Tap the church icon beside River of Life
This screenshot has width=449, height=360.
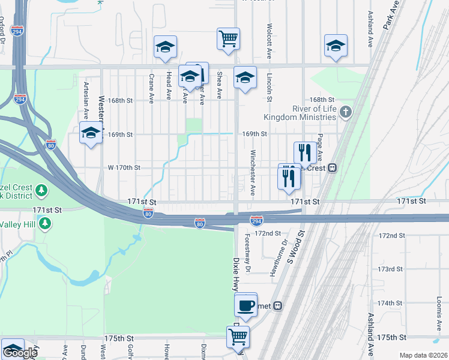pos(345,112)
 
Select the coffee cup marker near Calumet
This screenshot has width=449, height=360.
pos(246,305)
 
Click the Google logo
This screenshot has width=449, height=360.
pos(20,353)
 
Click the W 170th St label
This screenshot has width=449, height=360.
pos(124,168)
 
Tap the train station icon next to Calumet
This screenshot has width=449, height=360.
pos(278,306)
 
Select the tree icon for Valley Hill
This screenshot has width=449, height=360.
pos(44,223)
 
